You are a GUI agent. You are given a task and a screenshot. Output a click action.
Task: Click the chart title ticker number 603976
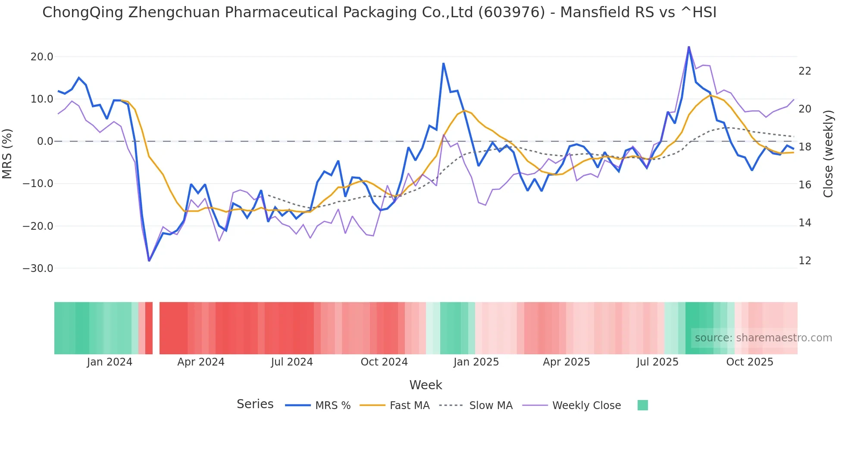click(512, 12)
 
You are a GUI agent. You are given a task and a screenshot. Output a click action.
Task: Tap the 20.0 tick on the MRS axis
click(42, 57)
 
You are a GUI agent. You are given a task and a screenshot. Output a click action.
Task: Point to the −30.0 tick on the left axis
click(38, 269)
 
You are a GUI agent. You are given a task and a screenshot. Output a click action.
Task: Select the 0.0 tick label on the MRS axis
click(45, 141)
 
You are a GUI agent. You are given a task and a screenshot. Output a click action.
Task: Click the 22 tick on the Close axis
click(804, 71)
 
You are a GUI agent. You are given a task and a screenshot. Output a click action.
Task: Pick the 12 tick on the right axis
click(804, 261)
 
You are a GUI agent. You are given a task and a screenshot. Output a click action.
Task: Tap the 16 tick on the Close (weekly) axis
click(804, 185)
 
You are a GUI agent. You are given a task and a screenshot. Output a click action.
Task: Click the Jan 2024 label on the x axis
click(110, 362)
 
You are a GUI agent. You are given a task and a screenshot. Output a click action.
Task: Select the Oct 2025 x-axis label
click(749, 362)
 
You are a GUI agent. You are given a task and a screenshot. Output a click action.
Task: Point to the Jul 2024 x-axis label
click(292, 362)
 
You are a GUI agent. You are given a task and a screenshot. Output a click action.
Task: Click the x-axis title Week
click(426, 385)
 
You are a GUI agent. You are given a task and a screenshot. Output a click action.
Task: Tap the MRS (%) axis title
click(7, 153)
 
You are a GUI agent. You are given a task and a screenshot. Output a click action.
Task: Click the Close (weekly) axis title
click(828, 153)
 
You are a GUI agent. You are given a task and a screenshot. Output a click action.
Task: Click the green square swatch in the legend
click(642, 405)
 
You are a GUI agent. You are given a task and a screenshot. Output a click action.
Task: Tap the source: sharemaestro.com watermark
click(763, 338)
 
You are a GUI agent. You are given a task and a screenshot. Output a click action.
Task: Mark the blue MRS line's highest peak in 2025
click(689, 47)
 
